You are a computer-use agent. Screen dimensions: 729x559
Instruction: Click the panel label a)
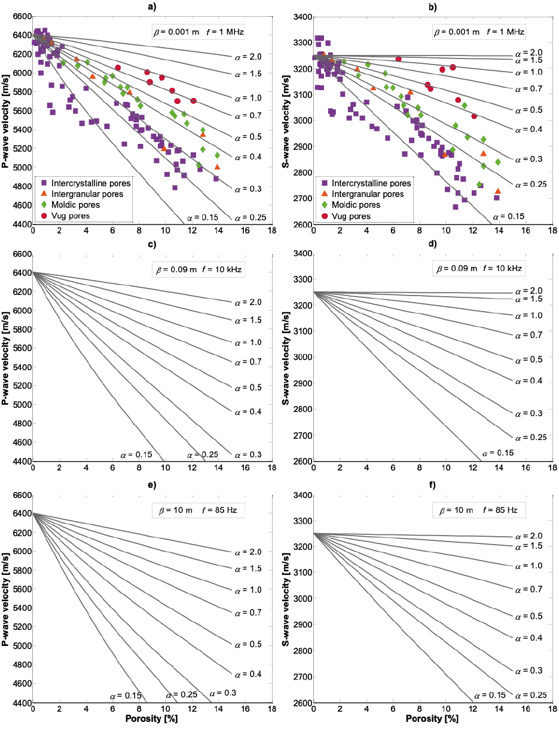coord(152,7)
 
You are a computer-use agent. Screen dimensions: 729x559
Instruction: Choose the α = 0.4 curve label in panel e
coord(248,674)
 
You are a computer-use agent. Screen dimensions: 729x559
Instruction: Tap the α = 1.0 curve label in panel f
coord(528,565)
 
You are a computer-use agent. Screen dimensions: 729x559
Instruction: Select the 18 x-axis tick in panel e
coord(271,711)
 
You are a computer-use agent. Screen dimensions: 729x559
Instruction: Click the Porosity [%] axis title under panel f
coord(433,721)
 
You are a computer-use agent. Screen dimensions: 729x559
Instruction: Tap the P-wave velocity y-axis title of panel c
coord(7,358)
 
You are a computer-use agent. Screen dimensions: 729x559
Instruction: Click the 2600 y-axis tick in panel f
coord(301,703)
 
